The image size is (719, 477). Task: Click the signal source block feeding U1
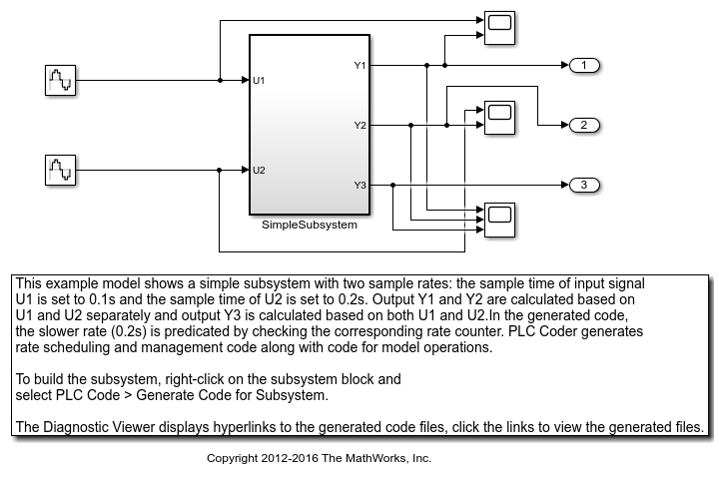(60, 80)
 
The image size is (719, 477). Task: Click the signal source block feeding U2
(60, 170)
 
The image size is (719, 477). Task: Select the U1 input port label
(259, 80)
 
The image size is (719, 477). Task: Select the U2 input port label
(259, 170)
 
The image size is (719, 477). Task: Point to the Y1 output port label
(359, 66)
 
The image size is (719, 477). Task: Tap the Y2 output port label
(359, 126)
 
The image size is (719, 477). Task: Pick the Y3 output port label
(359, 185)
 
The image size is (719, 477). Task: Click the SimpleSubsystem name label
(309, 226)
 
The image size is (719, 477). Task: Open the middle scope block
(498, 115)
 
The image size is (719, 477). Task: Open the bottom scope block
(498, 219)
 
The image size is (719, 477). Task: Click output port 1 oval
(584, 66)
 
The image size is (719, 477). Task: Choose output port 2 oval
(584, 126)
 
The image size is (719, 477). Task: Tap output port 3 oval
(584, 185)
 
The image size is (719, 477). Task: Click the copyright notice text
(318, 458)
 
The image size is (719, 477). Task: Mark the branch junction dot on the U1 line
(219, 80)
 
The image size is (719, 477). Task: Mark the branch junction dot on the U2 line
(219, 170)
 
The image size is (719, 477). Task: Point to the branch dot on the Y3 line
(393, 185)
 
